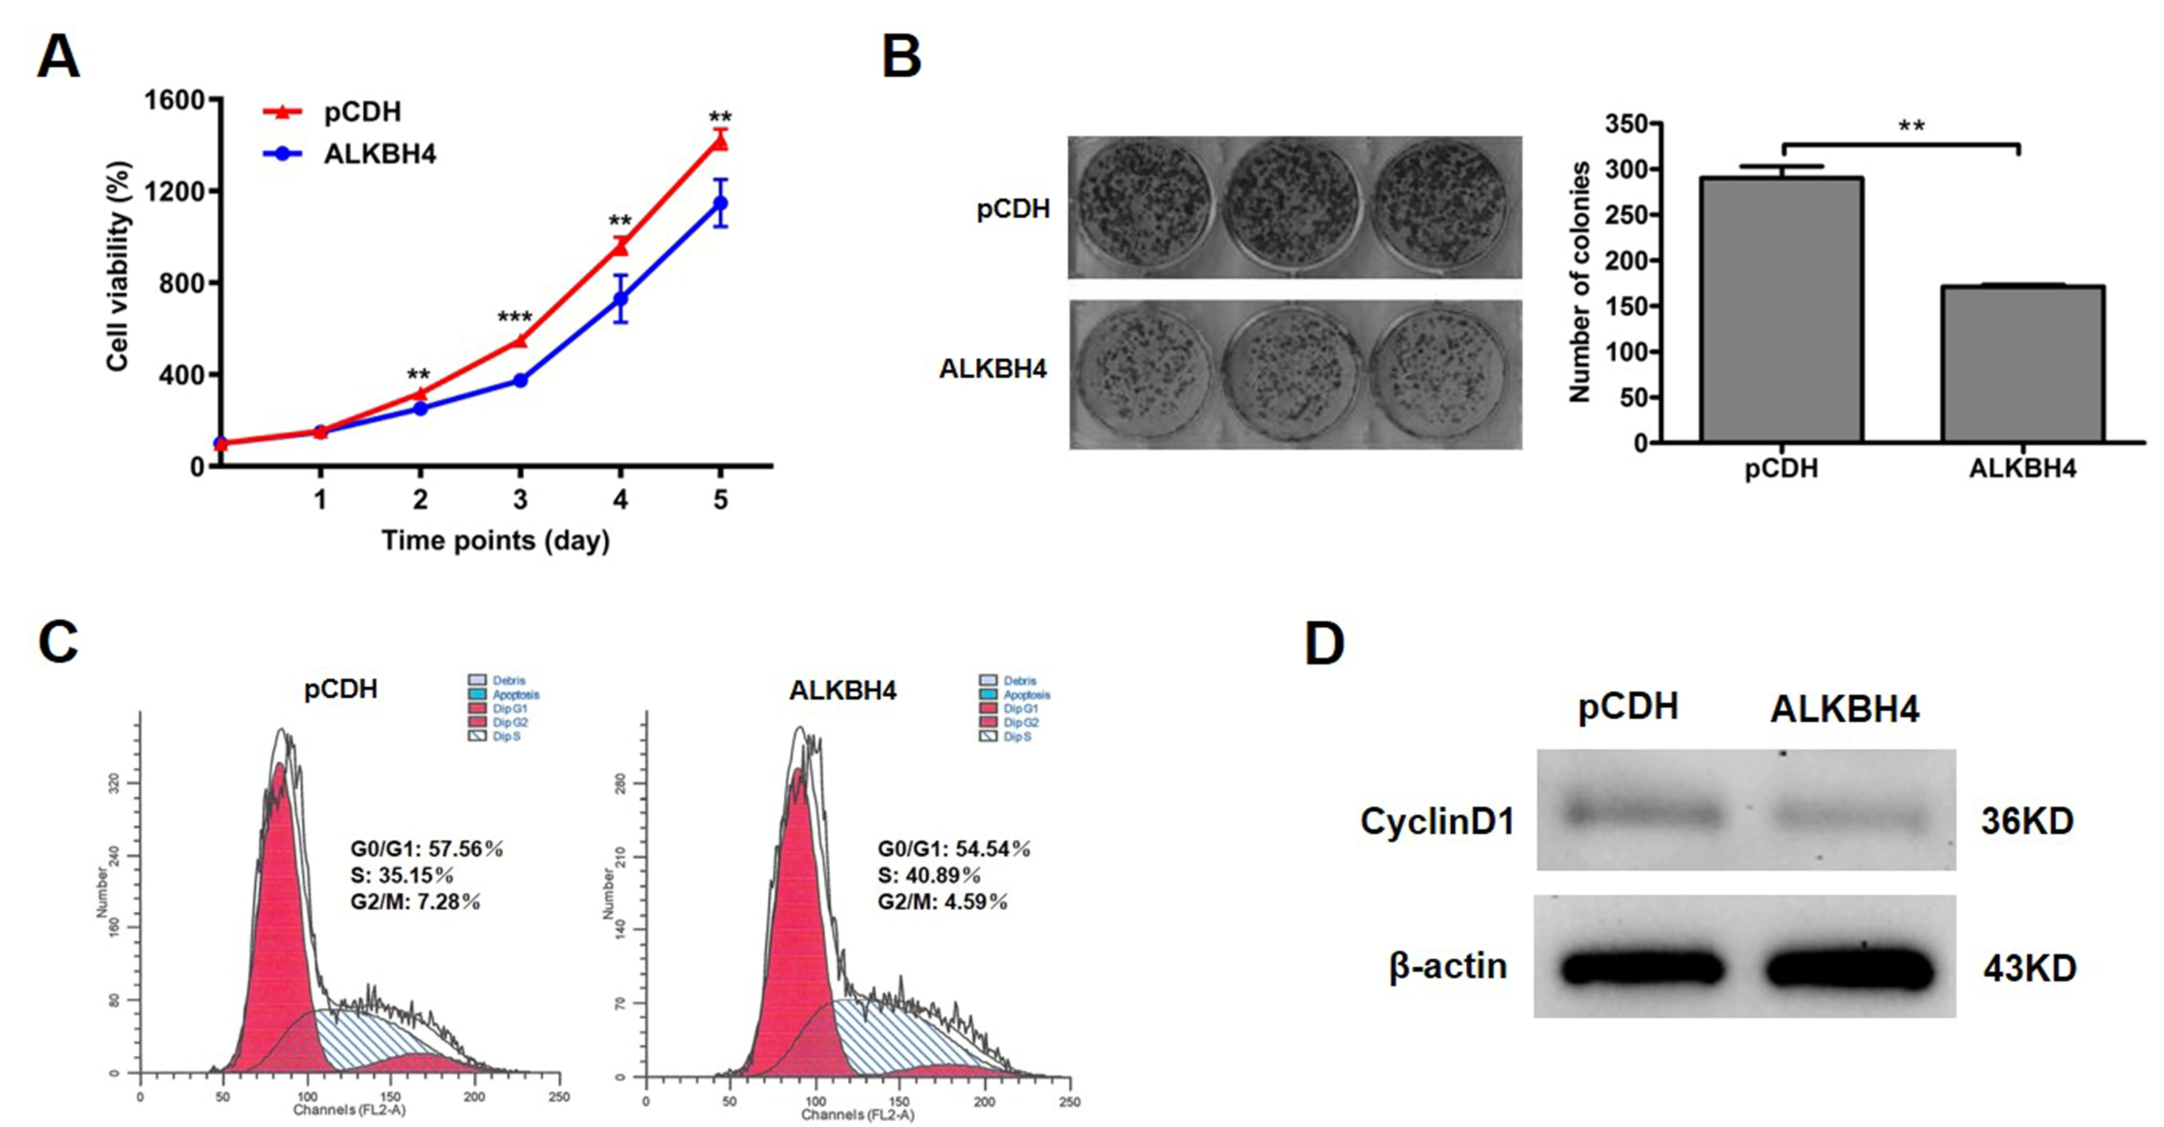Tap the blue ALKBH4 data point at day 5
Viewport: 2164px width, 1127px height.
click(720, 203)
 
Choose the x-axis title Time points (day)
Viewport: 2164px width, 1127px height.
click(496, 540)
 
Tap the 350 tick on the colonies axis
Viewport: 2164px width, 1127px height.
click(1625, 124)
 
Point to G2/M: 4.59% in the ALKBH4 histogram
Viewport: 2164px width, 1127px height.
click(943, 902)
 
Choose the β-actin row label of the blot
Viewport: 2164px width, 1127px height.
click(1447, 967)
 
